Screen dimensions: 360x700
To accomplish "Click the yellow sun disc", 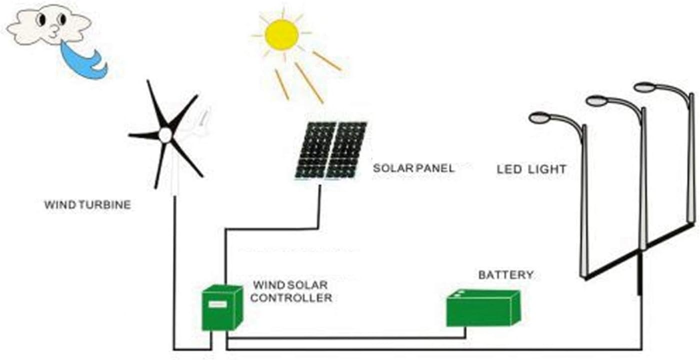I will [x=281, y=34].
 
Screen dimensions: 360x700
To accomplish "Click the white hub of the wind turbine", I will [x=165, y=134].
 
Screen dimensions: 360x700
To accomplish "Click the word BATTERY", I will [x=505, y=275].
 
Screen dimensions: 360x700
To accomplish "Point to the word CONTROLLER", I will [x=291, y=298].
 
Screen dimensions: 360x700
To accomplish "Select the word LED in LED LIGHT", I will [x=508, y=169].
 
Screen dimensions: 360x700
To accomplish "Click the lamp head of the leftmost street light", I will [x=539, y=118].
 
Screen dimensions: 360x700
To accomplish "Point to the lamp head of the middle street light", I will [x=596, y=101].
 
